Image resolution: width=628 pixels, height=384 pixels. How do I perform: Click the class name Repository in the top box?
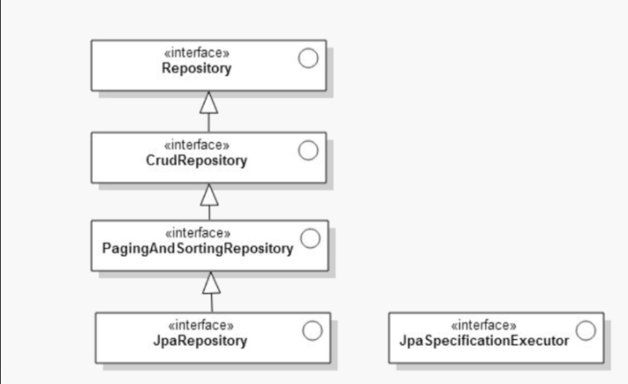click(196, 69)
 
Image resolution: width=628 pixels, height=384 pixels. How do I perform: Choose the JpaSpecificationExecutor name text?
click(484, 341)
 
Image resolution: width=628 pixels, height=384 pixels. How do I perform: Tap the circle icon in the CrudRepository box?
click(308, 151)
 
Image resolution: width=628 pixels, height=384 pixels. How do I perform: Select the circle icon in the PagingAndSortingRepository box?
click(310, 239)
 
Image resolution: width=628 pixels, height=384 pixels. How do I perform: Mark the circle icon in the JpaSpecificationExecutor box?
click(586, 331)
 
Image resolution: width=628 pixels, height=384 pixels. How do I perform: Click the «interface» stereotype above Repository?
click(196, 55)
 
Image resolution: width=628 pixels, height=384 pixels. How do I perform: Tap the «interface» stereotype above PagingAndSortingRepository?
click(198, 233)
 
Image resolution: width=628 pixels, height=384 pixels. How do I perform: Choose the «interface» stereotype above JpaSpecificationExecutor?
click(484, 326)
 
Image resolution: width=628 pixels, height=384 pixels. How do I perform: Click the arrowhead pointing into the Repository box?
click(209, 102)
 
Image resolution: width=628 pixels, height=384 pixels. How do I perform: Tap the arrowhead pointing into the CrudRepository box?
click(210, 194)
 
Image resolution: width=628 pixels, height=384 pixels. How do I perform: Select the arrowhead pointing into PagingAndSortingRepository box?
click(211, 283)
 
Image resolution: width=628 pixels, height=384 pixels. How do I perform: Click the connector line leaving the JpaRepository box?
click(211, 303)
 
